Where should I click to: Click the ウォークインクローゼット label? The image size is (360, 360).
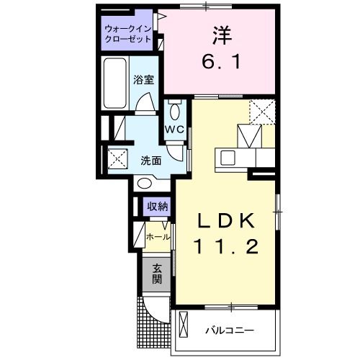tap(128, 34)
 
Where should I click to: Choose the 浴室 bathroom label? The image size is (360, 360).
tap(144, 80)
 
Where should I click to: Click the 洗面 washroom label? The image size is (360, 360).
tap(151, 160)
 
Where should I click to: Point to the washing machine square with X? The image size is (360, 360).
tap(117, 158)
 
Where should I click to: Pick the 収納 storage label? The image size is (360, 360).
tap(158, 207)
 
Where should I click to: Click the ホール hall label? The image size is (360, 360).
tap(158, 236)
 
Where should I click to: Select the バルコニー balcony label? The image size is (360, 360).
tap(228, 330)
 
